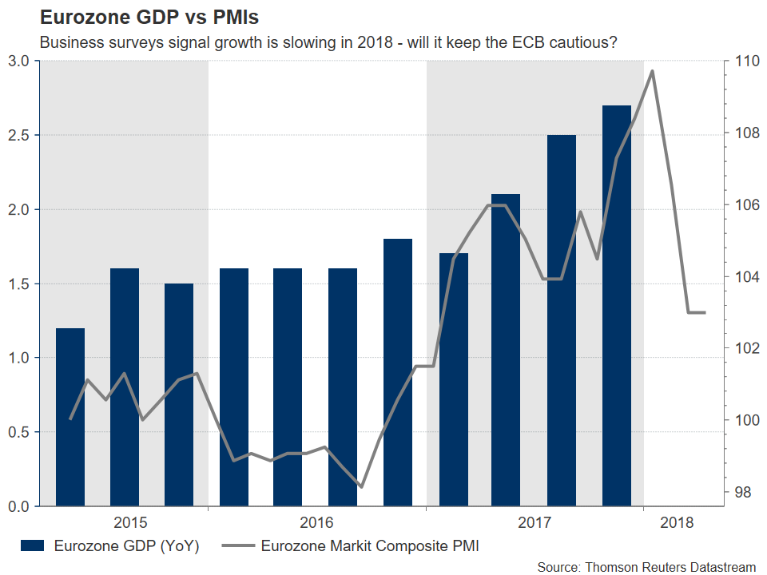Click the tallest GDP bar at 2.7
[x=616, y=306]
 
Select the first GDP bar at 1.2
[x=70, y=417]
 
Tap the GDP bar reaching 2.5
[x=562, y=320]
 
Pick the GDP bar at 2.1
[x=506, y=350]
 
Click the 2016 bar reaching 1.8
[x=398, y=372]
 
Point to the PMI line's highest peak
[x=653, y=71]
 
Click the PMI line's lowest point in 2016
[x=361, y=486]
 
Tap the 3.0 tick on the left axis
[x=20, y=61]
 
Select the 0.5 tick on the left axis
[x=20, y=432]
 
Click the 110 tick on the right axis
[x=737, y=61]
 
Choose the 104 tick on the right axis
[x=737, y=277]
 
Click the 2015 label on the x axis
[x=129, y=523]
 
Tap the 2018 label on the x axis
[x=678, y=523]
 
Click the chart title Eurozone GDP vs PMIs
[x=137, y=18]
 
